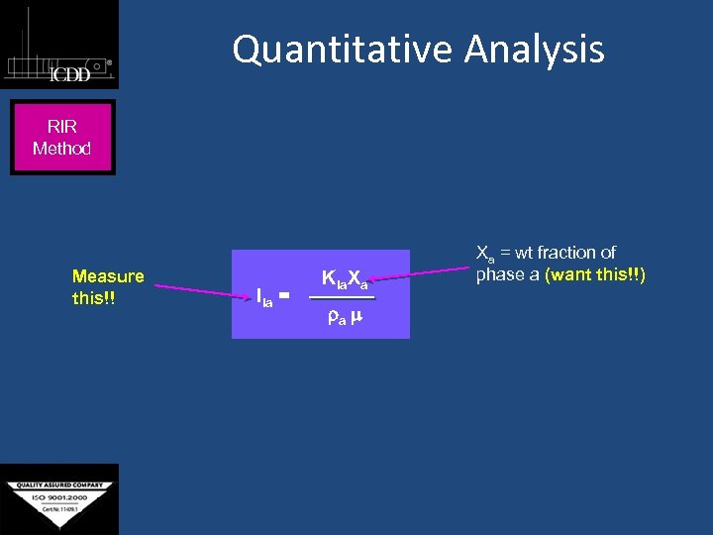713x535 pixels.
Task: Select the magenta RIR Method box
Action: pyautogui.click(x=62, y=138)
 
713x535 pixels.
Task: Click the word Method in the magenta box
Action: pyautogui.click(x=61, y=149)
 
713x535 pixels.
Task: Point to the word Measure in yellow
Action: pyautogui.click(x=108, y=276)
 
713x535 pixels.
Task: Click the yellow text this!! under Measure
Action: pyautogui.click(x=94, y=298)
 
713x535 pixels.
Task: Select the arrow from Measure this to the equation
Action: pyautogui.click(x=198, y=290)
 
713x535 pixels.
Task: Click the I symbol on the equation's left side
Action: pyautogui.click(x=259, y=294)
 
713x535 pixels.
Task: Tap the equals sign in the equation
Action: pyautogui.click(x=284, y=294)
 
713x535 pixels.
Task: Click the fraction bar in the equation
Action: pyautogui.click(x=342, y=297)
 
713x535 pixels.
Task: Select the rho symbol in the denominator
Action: pyautogui.click(x=333, y=318)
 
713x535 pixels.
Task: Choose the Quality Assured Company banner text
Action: pyautogui.click(x=59, y=486)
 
